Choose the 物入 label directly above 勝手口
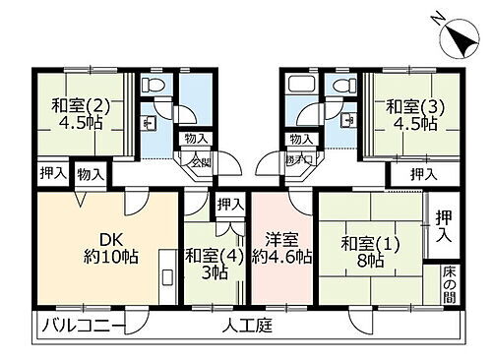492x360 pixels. click(301, 140)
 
